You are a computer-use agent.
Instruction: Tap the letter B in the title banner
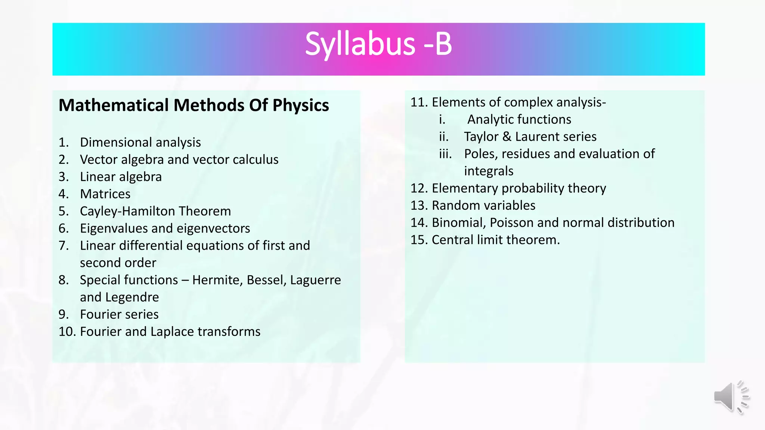(443, 44)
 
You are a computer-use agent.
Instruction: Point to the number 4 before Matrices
(63, 194)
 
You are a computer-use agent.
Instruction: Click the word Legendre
(132, 297)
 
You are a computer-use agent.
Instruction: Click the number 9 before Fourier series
(63, 314)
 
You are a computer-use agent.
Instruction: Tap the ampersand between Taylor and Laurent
(507, 137)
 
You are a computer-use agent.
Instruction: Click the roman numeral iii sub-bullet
(445, 154)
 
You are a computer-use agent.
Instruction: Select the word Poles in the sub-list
(479, 154)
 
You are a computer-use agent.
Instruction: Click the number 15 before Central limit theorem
(418, 240)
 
